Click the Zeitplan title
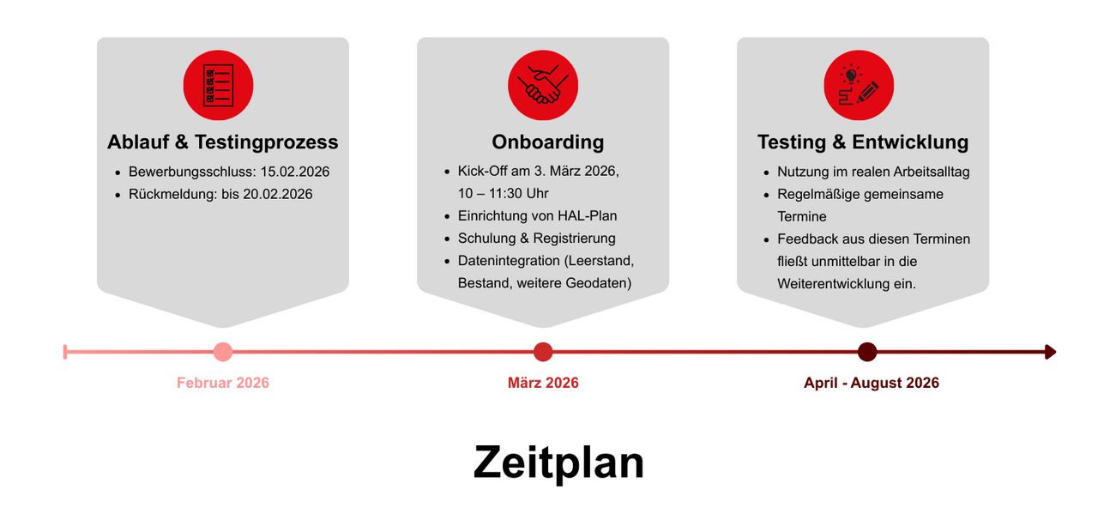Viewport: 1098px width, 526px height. tap(558, 463)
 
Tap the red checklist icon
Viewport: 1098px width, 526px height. tap(218, 85)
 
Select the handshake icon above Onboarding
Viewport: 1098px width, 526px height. tap(543, 85)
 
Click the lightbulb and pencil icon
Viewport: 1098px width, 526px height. tap(859, 85)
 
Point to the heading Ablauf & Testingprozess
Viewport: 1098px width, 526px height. tap(223, 142)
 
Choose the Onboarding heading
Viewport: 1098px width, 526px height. tap(547, 142)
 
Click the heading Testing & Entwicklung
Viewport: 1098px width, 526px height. tap(863, 142)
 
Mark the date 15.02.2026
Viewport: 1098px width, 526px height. tap(294, 172)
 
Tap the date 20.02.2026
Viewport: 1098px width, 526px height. tap(277, 194)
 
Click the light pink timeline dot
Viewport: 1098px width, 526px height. tap(223, 352)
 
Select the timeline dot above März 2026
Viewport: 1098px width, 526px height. tap(543, 352)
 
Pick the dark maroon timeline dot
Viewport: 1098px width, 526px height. tap(867, 352)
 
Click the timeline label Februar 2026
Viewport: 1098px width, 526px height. tap(223, 383)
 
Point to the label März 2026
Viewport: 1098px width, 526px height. tap(543, 383)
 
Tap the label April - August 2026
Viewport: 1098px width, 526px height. tap(872, 383)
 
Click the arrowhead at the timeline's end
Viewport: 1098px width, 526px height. tap(1050, 352)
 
